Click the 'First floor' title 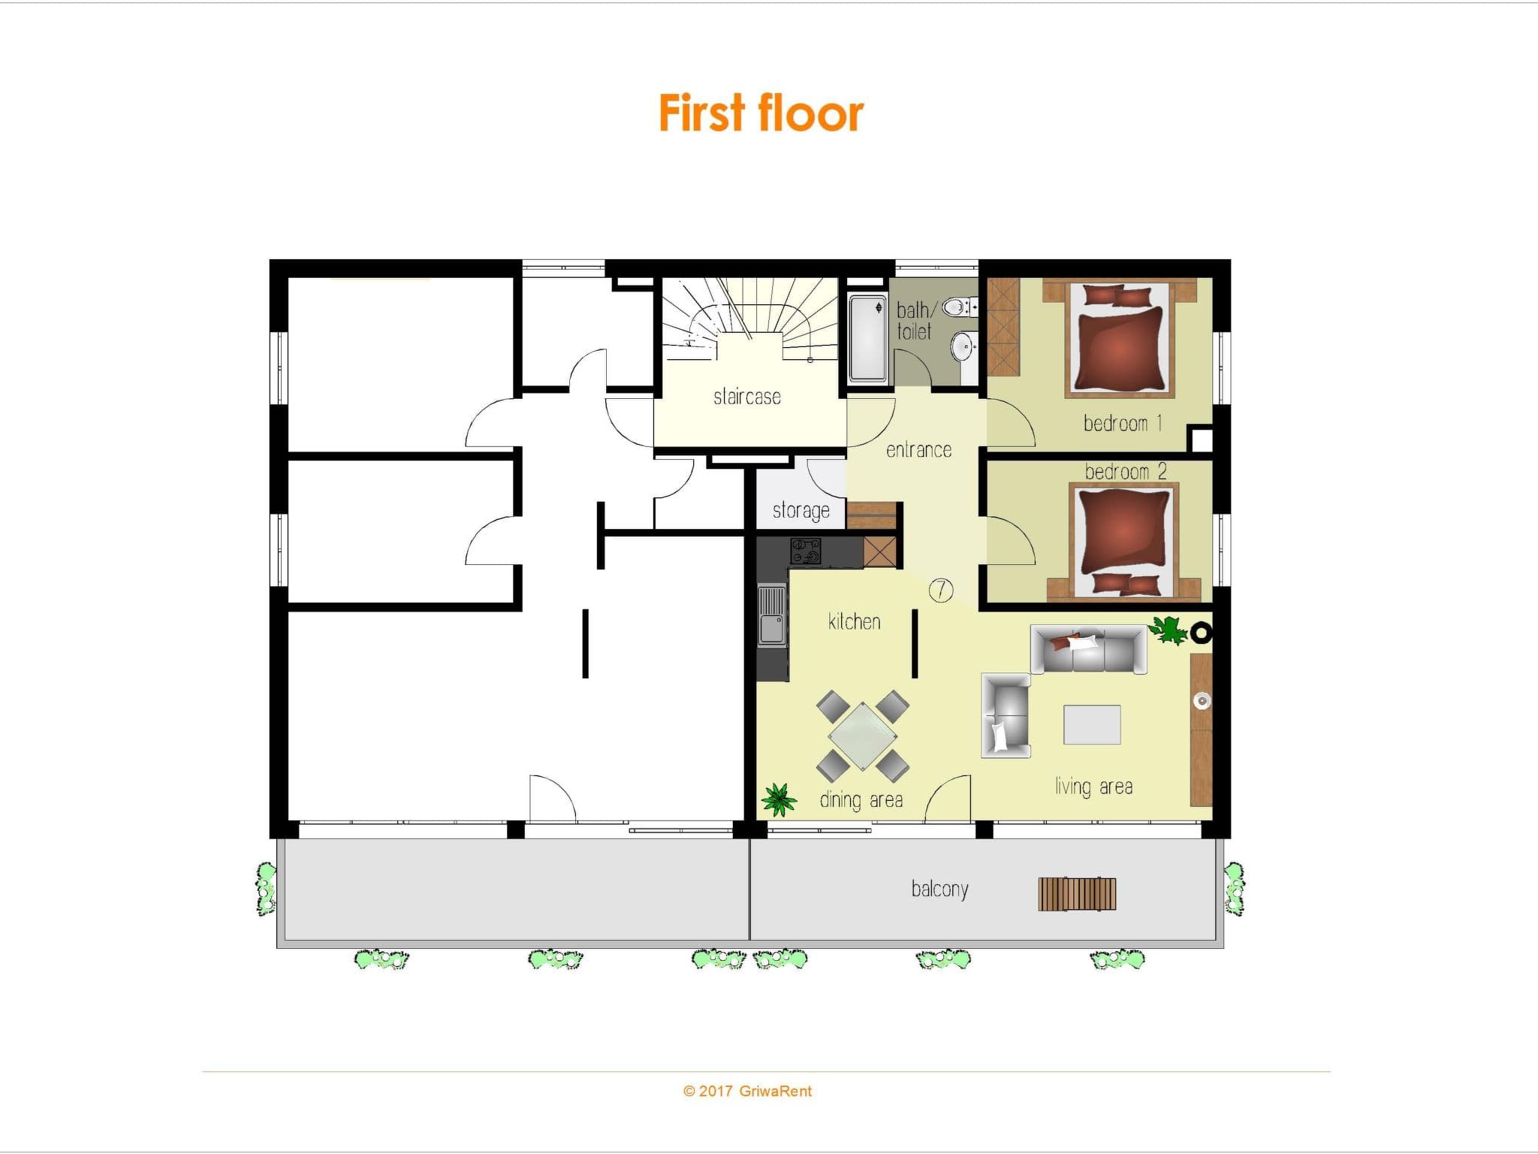761,113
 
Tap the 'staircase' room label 747,396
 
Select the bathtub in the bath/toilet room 867,338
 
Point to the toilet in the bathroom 959,307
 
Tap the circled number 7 941,591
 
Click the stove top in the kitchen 806,551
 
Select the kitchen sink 771,615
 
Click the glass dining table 863,736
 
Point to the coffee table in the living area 1092,724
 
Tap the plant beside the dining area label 779,799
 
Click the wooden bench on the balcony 1077,894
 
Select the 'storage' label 801,511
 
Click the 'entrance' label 918,449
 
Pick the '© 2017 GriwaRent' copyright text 747,1091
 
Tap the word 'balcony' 939,890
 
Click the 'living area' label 1093,787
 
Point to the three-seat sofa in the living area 1088,649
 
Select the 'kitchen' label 854,621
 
